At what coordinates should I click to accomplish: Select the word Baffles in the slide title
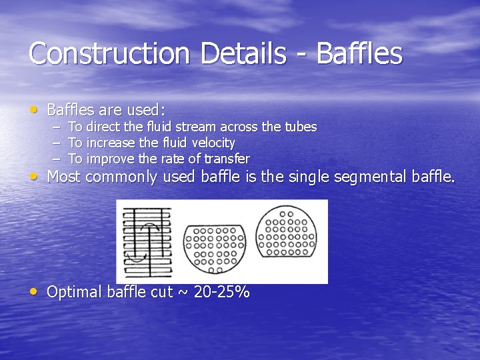(x=359, y=53)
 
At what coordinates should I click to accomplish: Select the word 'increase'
(x=110, y=143)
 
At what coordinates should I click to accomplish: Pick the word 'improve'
(x=110, y=159)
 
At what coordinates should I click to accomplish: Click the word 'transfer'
(x=226, y=159)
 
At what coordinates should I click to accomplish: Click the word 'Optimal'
(x=74, y=292)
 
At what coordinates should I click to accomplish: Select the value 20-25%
(x=221, y=292)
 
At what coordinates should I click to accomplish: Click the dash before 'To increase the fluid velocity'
(x=56, y=143)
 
